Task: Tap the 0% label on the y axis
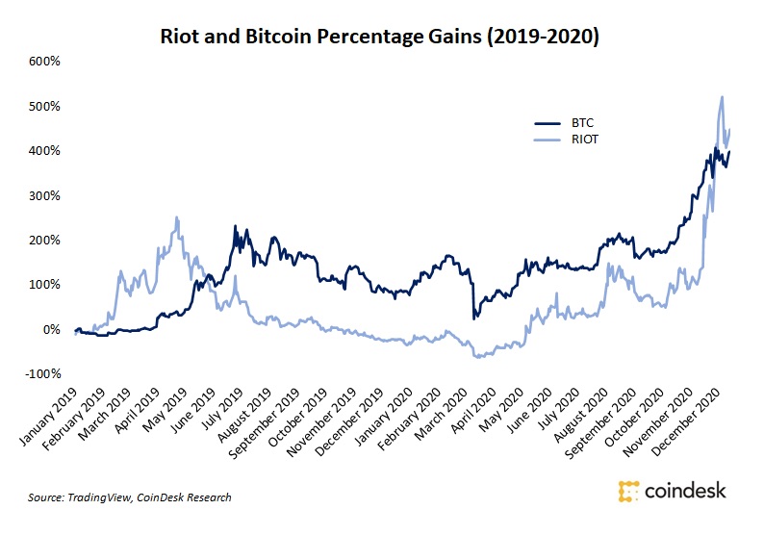click(x=51, y=329)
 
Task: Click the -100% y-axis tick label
click(x=41, y=373)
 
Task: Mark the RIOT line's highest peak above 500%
click(x=722, y=96)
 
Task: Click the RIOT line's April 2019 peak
click(x=177, y=217)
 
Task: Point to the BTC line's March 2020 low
click(x=473, y=318)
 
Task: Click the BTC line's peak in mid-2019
click(x=236, y=227)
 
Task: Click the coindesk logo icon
click(x=628, y=492)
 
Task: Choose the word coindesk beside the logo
click(x=685, y=492)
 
